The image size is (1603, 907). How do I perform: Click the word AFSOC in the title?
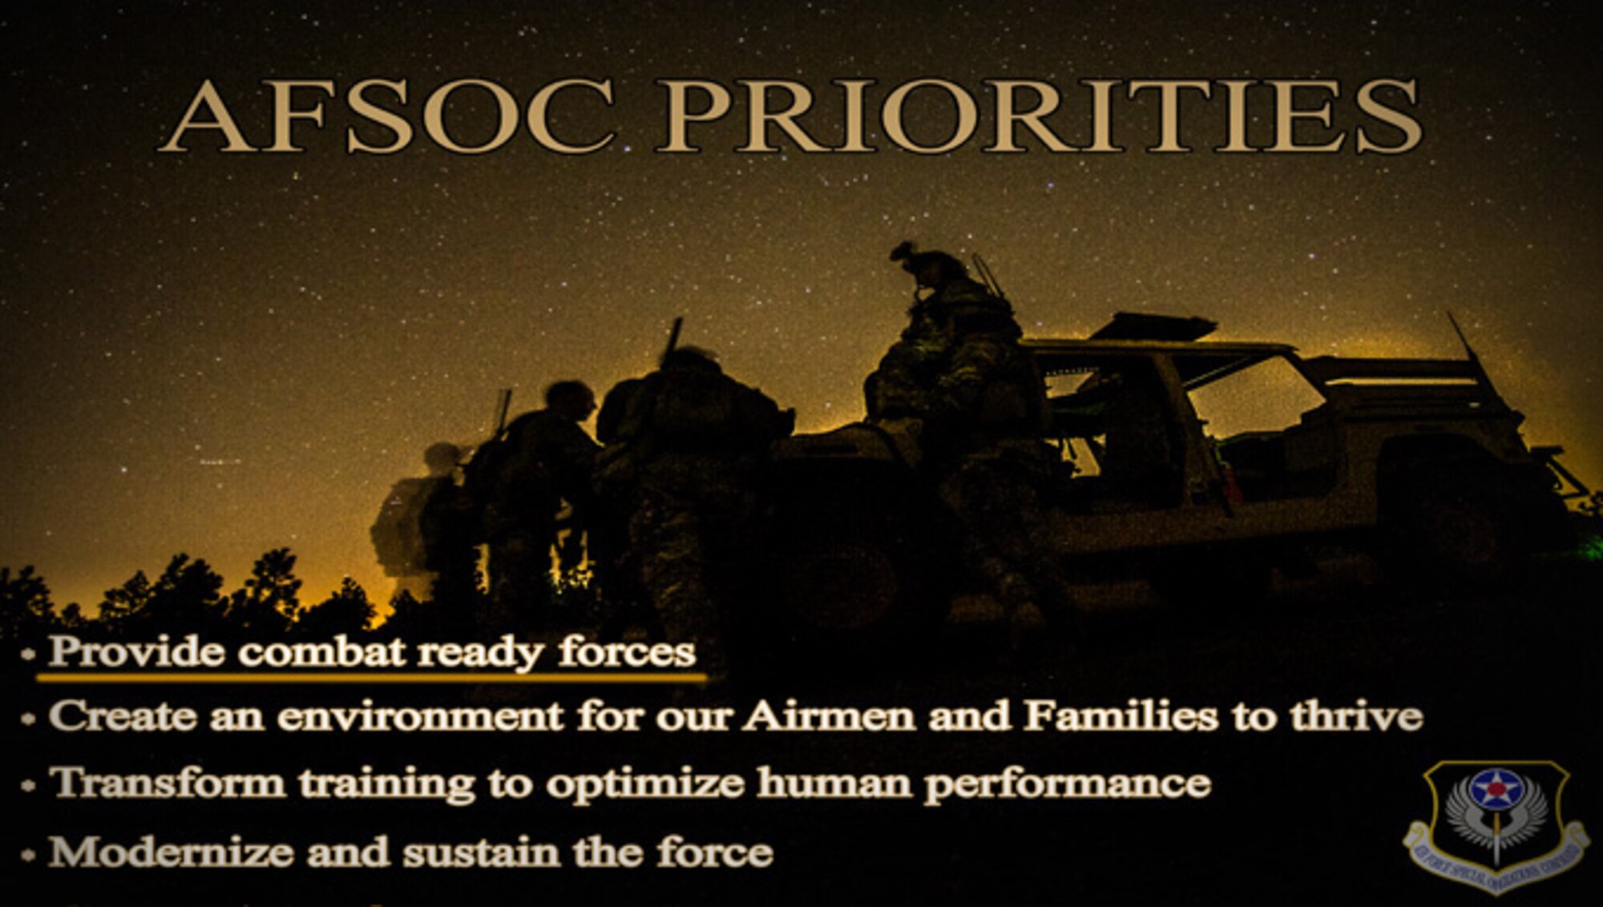[388, 117]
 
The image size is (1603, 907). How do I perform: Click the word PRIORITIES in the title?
[1039, 117]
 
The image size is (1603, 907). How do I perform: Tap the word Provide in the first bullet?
[136, 651]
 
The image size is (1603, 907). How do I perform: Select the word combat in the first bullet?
[321, 651]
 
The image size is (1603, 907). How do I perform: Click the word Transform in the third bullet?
[168, 783]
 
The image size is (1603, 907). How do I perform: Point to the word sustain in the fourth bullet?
[481, 852]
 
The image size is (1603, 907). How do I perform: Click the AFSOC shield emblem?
[1496, 825]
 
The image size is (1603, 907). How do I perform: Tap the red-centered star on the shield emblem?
[1496, 790]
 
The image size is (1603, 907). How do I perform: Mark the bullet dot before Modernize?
[29, 855]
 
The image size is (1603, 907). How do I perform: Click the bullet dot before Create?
[29, 719]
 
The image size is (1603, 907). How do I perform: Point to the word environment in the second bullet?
[420, 716]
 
